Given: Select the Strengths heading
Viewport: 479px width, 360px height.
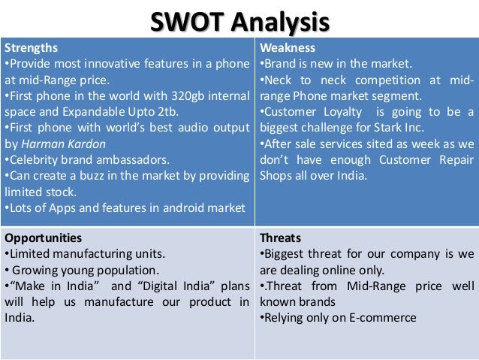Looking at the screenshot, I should (29, 48).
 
